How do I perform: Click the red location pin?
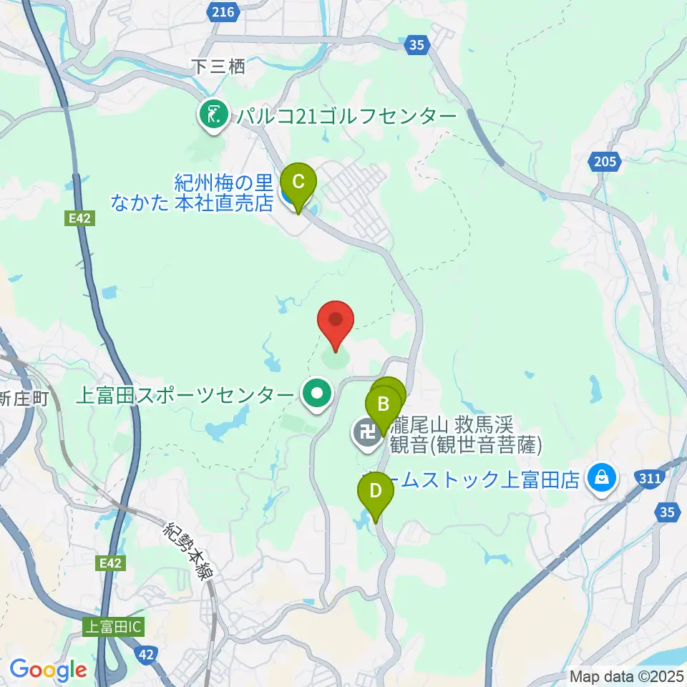[335, 319]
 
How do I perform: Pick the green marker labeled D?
[376, 493]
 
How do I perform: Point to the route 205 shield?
[605, 162]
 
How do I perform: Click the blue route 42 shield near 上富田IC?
[147, 653]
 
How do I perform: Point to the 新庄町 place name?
[24, 399]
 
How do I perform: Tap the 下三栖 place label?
[219, 67]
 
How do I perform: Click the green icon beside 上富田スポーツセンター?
[316, 393]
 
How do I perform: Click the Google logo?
[49, 670]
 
